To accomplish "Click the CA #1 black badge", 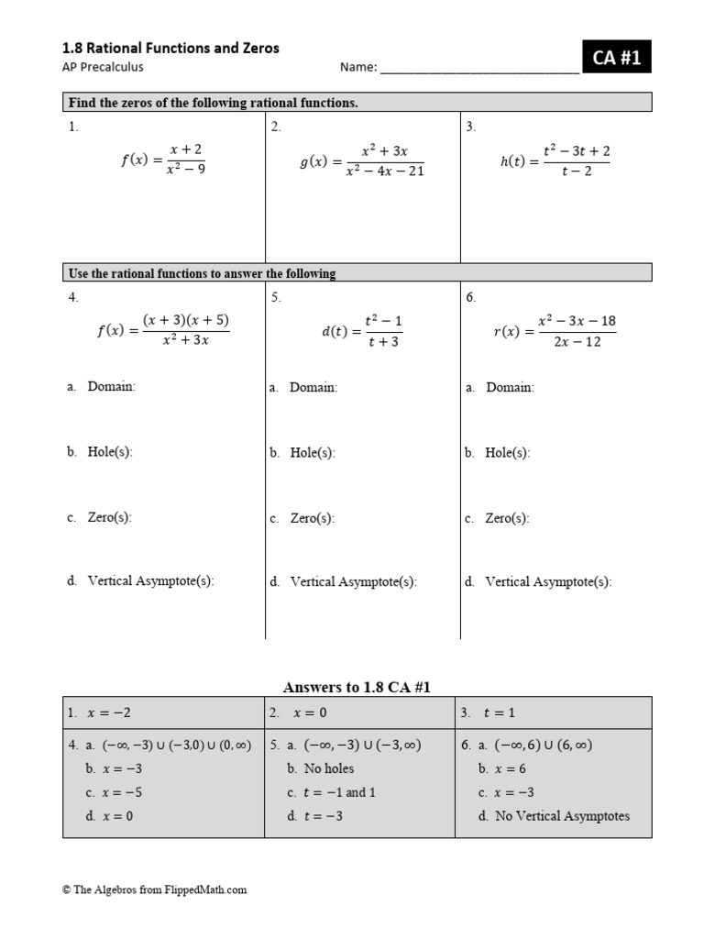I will tap(616, 59).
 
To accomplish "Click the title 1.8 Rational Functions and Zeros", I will tap(170, 48).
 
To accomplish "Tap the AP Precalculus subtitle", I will tap(103, 67).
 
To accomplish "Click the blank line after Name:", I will tap(478, 68).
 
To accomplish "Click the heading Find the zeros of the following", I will tap(213, 103).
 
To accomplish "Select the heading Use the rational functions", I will tap(202, 273).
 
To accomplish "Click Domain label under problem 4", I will tap(111, 387).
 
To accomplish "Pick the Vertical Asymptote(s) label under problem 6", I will tap(547, 581).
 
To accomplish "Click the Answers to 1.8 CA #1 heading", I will tap(357, 687).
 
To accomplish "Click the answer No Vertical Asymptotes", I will tap(562, 816).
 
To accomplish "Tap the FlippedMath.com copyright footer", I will tap(155, 889).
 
